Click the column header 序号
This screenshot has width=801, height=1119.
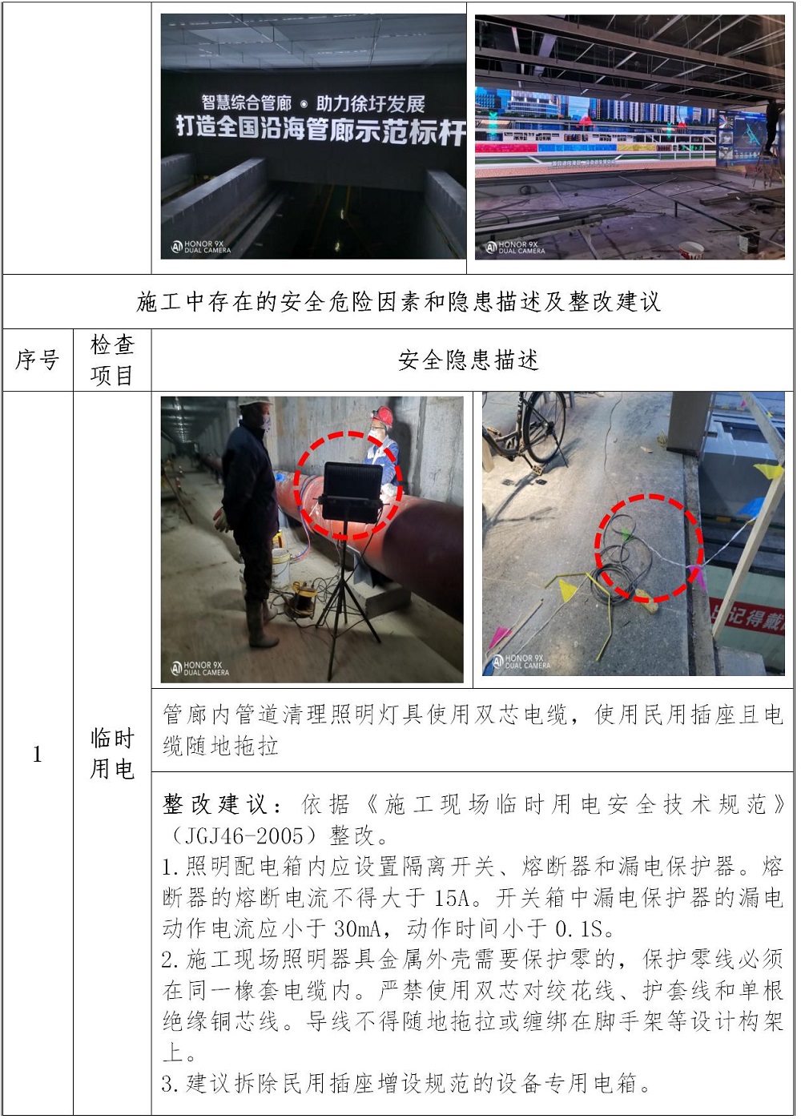pyautogui.click(x=38, y=360)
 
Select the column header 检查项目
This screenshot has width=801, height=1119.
pyautogui.click(x=112, y=360)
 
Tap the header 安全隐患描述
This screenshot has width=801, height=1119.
pyautogui.click(x=469, y=360)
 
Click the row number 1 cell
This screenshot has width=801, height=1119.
pyautogui.click(x=38, y=754)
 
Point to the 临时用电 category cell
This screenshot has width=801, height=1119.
pyautogui.click(x=112, y=754)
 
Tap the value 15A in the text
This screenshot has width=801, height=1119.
pyautogui.click(x=453, y=898)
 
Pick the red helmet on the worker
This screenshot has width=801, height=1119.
pyautogui.click(x=383, y=415)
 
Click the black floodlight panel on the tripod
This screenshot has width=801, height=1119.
pyautogui.click(x=352, y=490)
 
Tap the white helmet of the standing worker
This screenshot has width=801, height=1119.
pyautogui.click(x=255, y=401)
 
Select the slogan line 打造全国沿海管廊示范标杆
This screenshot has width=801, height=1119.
pyautogui.click(x=320, y=130)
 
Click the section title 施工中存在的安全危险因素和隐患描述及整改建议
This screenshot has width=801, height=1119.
pyautogui.click(x=398, y=302)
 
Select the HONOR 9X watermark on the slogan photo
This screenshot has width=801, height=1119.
pyautogui.click(x=201, y=247)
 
